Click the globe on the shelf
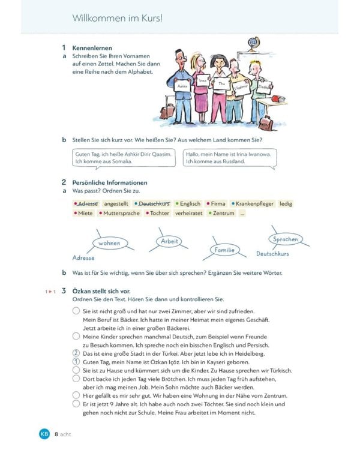[253, 44]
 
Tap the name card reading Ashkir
[182, 86]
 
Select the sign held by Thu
[221, 85]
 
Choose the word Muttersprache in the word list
[121, 213]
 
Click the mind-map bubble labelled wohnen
[109, 243]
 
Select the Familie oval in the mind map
[225, 250]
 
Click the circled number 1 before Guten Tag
[76, 362]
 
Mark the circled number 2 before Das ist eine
[76, 353]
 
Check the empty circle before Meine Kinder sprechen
[76, 337]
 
